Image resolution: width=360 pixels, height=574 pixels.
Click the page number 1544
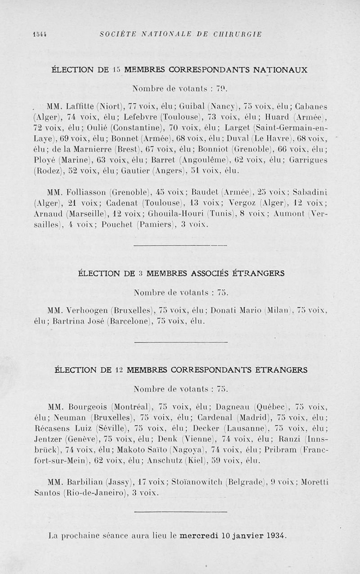click(x=40, y=34)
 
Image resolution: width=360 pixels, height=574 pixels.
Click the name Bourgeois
click(x=86, y=404)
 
